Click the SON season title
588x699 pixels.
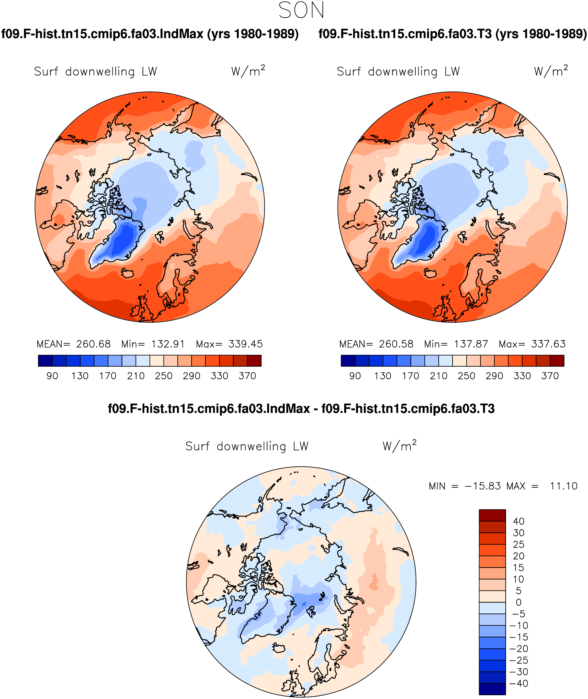click(x=301, y=10)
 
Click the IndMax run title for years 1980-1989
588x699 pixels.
click(x=150, y=34)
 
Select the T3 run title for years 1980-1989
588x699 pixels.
click(x=452, y=34)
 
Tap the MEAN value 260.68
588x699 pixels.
click(x=93, y=344)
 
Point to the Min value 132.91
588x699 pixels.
click(x=168, y=344)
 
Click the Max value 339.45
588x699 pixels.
click(x=246, y=344)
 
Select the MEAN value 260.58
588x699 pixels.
click(x=396, y=344)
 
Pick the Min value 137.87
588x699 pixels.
click(x=471, y=344)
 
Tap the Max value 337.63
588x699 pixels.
click(x=548, y=344)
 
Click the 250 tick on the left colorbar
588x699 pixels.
click(x=164, y=376)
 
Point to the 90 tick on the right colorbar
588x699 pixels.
click(x=355, y=376)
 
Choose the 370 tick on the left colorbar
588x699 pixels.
click(x=247, y=376)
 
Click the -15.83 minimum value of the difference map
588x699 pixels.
click(x=483, y=486)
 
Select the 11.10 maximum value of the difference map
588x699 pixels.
click(x=564, y=486)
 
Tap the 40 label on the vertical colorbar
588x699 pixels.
click(x=519, y=521)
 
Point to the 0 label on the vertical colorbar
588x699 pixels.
click(x=519, y=602)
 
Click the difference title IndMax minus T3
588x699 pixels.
click(x=301, y=409)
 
